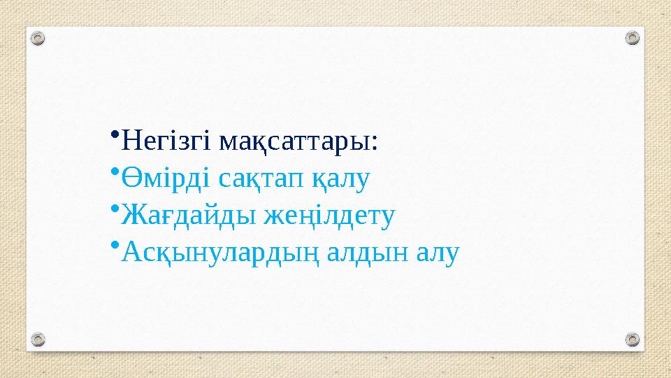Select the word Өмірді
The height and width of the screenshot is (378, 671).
(165, 179)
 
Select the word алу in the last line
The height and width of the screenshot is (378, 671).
(438, 252)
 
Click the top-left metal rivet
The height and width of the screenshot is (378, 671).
(40, 38)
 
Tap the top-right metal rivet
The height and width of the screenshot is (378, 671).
(631, 38)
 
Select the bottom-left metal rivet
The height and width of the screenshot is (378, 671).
(40, 339)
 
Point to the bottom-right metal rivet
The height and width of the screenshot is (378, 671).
(631, 339)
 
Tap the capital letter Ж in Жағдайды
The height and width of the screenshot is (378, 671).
(130, 215)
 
